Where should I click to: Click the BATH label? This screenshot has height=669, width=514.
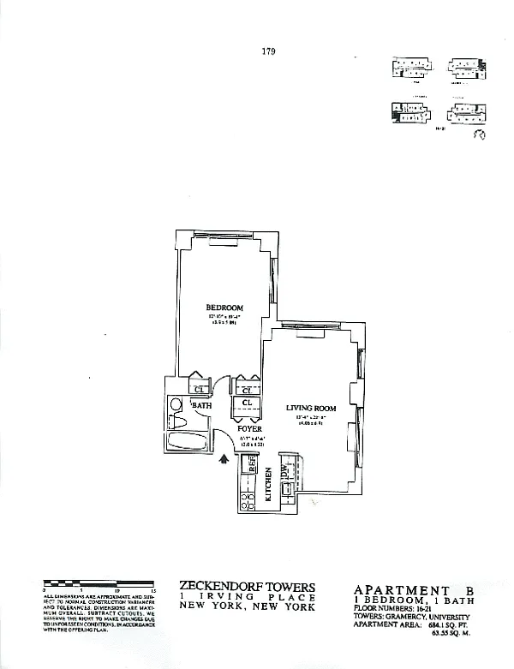pos(202,404)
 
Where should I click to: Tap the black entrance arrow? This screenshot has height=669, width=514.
pos(224,459)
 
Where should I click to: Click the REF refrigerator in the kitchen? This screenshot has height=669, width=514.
pos(253,465)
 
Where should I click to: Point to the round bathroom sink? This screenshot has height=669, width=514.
pos(176,403)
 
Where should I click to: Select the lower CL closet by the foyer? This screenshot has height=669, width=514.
pos(247,401)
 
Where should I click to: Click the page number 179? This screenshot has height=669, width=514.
pos(267,51)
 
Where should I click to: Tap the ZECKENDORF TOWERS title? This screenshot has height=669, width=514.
pos(248,588)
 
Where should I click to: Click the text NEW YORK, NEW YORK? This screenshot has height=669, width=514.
pos(248,606)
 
